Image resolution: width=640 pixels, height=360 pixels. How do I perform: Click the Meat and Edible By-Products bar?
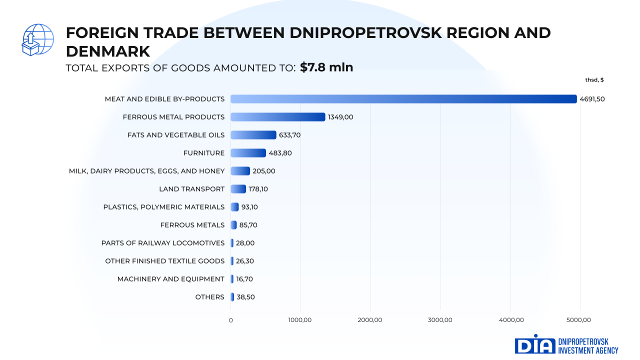tap(403, 99)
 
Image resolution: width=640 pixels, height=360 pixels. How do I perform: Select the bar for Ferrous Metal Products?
tap(278, 117)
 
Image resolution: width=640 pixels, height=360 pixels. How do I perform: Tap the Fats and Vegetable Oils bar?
tap(253, 135)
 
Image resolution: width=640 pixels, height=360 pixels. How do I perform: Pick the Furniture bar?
tap(248, 153)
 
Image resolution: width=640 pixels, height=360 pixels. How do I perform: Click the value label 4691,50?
tap(592, 99)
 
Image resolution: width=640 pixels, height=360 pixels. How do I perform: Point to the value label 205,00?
tap(264, 171)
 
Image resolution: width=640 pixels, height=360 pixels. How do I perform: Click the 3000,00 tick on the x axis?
tap(440, 320)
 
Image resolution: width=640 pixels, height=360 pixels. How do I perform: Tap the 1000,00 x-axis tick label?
tap(300, 320)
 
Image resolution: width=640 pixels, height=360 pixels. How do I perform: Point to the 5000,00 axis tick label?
tap(580, 320)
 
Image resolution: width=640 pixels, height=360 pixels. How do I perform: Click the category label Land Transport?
tap(191, 189)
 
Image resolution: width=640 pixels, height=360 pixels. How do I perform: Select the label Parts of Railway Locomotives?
tap(163, 243)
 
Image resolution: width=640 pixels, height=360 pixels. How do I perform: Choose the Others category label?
tap(210, 297)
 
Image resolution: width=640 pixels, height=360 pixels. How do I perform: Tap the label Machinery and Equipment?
tap(171, 279)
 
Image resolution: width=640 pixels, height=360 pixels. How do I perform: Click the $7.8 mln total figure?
tap(326, 67)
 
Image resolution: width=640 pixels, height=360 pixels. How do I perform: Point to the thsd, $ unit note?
tap(594, 80)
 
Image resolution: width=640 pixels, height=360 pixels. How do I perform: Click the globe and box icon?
tap(37, 39)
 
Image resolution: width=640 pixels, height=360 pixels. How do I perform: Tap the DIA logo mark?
tap(535, 345)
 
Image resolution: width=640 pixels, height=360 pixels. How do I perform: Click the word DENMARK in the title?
tap(108, 51)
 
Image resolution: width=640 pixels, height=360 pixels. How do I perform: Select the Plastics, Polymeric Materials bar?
tap(234, 207)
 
